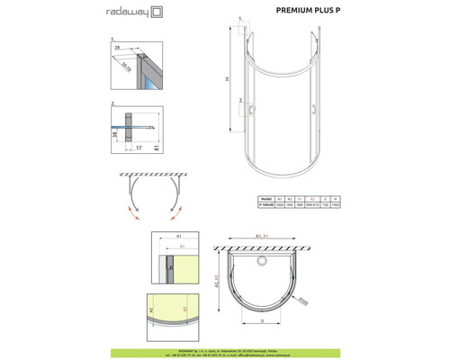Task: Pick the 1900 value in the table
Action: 336,204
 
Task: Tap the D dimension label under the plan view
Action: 262,318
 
